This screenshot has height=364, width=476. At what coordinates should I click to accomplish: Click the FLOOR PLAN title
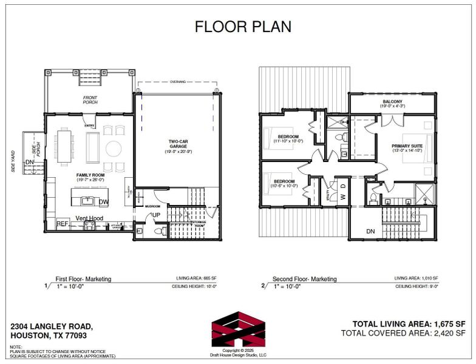tap(242, 27)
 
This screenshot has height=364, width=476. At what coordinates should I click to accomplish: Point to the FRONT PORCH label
tap(90, 99)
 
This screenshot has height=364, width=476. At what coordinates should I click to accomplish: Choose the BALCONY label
tap(392, 102)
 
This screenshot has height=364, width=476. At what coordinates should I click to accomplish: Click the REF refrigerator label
tap(63, 224)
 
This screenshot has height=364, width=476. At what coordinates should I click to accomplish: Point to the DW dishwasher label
tap(104, 202)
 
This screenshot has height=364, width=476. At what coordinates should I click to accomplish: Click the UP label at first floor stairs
tap(156, 215)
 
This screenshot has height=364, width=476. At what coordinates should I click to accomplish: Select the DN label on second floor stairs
tap(370, 231)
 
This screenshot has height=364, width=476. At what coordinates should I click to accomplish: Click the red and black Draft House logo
tap(238, 330)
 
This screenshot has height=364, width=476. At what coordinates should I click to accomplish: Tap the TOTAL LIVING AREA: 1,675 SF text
tap(409, 323)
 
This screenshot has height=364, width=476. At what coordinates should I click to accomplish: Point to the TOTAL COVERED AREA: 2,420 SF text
tap(403, 333)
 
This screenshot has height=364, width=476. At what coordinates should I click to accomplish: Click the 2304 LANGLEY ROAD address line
tap(52, 326)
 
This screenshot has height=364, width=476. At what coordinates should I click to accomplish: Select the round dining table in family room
tap(114, 148)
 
